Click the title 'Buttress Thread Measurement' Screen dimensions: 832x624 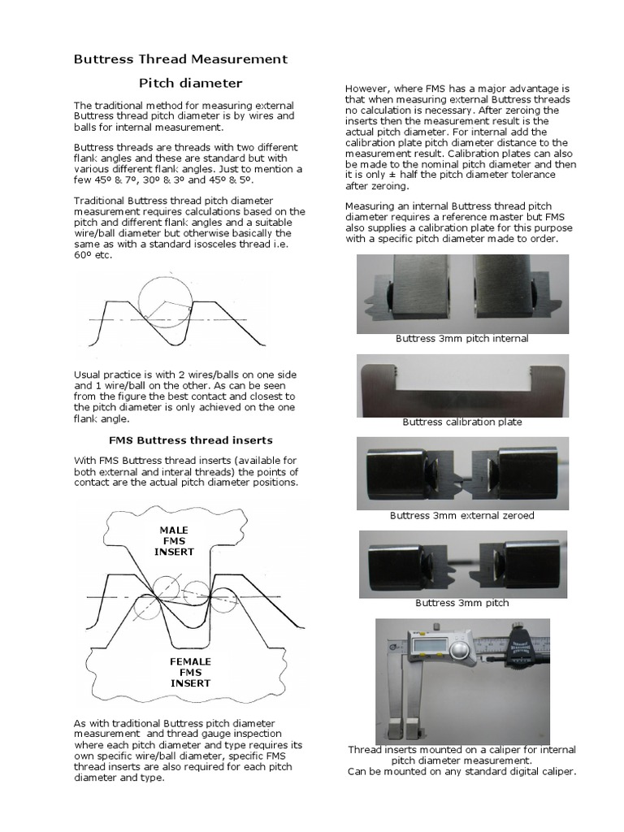coord(180,59)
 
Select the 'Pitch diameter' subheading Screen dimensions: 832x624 coord(190,83)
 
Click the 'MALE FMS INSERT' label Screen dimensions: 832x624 coord(174,541)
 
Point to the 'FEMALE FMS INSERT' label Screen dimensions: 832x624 coord(190,672)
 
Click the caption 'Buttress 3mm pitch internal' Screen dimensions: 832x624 coord(461,339)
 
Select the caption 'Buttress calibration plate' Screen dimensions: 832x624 coord(461,422)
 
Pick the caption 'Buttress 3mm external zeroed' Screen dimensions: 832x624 coord(461,516)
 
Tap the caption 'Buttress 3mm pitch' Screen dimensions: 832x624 coord(461,604)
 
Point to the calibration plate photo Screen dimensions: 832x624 coord(461,384)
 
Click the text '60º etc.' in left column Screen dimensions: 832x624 coord(93,255)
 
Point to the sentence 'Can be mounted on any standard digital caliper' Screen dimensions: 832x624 coord(461,771)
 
